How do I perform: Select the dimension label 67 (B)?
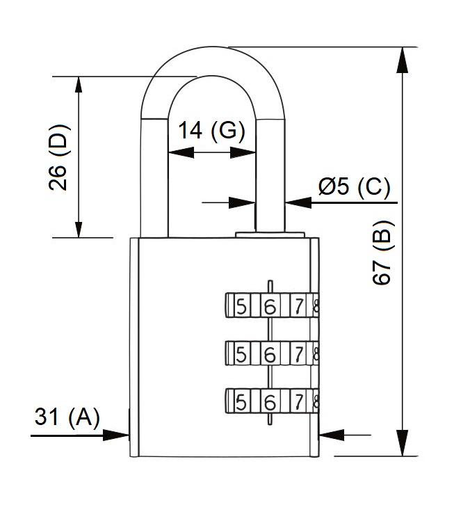point(383,253)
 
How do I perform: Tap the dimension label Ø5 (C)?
point(355,187)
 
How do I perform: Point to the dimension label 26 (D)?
point(59,157)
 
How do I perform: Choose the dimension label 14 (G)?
point(211,130)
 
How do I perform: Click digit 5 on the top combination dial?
point(241,306)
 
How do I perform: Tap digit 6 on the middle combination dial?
point(270,355)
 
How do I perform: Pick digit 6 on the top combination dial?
point(270,307)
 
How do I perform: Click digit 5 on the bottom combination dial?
point(241,402)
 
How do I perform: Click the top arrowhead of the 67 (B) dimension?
point(402,60)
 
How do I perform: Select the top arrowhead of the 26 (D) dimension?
point(79,88)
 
